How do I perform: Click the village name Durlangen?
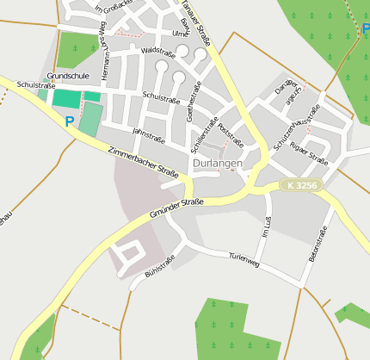click(x=218, y=163)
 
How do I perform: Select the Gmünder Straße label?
click(x=176, y=208)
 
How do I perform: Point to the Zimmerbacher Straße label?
click(x=144, y=163)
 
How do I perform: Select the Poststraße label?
click(x=231, y=133)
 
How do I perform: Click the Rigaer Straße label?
click(x=310, y=154)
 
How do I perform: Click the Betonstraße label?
click(x=311, y=244)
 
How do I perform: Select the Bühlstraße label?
click(x=160, y=265)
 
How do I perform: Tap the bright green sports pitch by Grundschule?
click(x=66, y=98)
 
